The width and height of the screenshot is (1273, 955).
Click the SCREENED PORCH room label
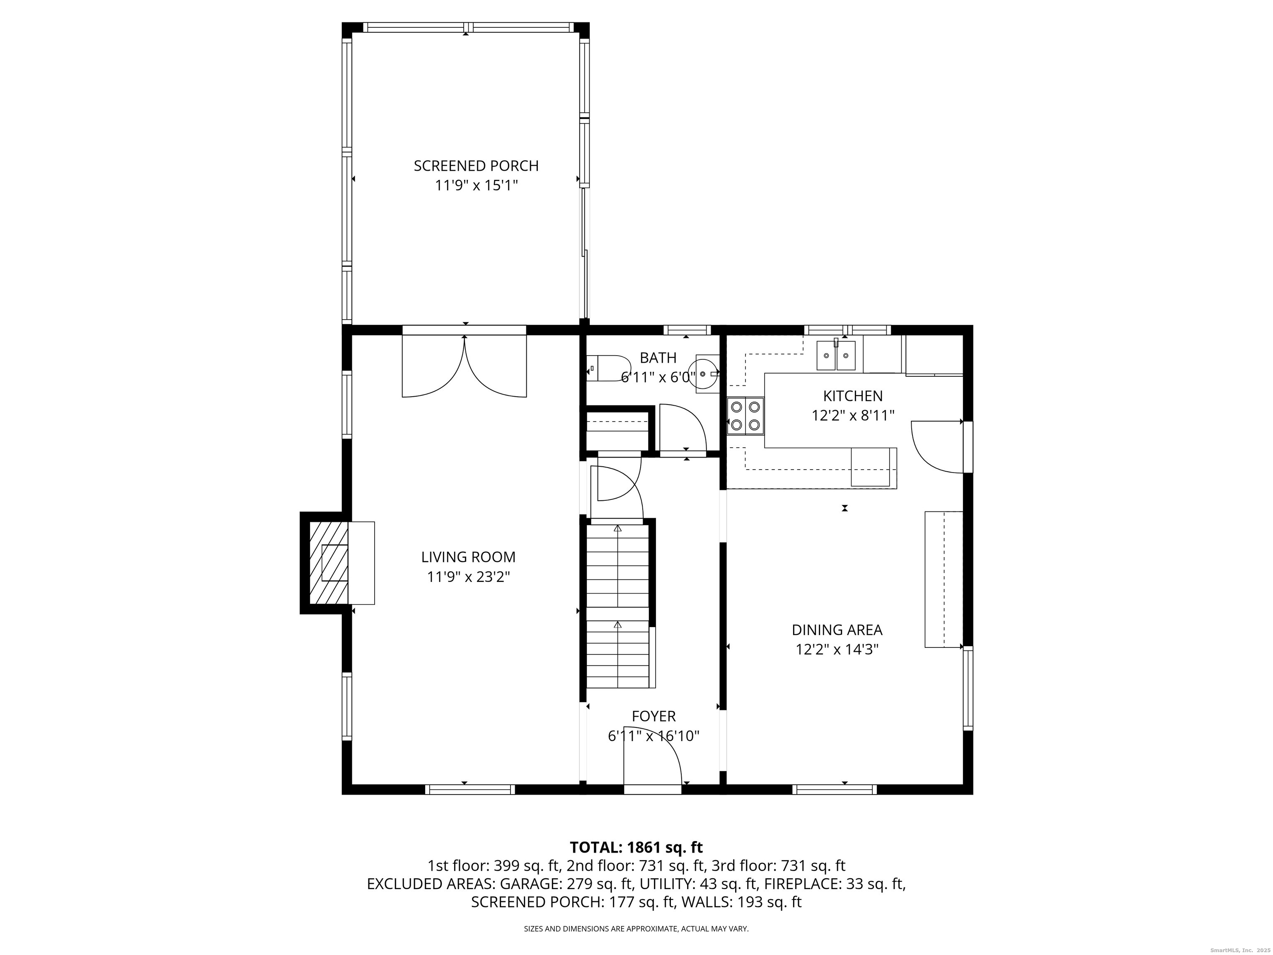point(476,166)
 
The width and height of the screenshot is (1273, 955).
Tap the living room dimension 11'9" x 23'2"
point(468,577)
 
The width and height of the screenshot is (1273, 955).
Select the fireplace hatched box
point(329,562)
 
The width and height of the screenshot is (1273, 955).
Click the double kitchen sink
point(836,355)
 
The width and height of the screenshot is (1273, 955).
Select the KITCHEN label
point(853,396)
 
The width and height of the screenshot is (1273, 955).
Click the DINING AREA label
point(837,630)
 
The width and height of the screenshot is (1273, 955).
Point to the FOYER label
point(654,716)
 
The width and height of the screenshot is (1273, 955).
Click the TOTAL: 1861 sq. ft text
point(636,847)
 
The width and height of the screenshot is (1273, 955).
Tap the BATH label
point(658,358)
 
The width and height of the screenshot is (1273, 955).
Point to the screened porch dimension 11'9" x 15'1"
point(476,185)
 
